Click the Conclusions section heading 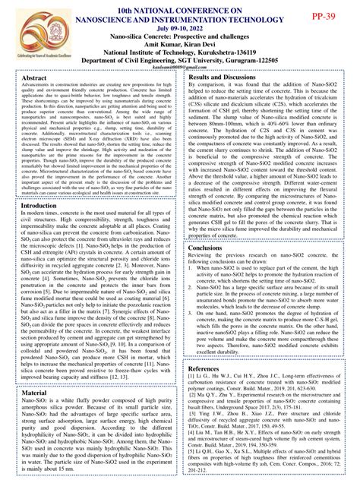click(210, 248)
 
